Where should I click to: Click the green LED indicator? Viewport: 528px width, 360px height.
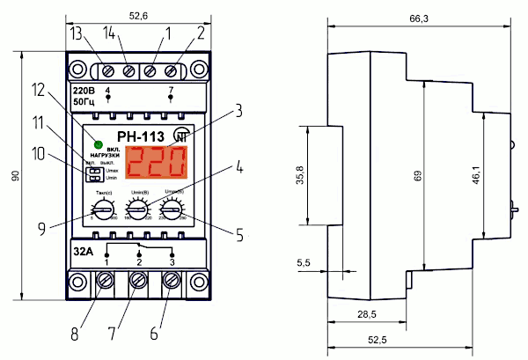pos(99,143)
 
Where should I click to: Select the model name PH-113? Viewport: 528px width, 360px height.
pos(140,136)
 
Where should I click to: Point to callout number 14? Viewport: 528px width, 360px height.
pos(108,33)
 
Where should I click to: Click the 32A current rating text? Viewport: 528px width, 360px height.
pos(84,249)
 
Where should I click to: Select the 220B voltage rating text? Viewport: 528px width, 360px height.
pos(84,88)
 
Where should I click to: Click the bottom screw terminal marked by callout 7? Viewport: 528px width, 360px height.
pos(138,283)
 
